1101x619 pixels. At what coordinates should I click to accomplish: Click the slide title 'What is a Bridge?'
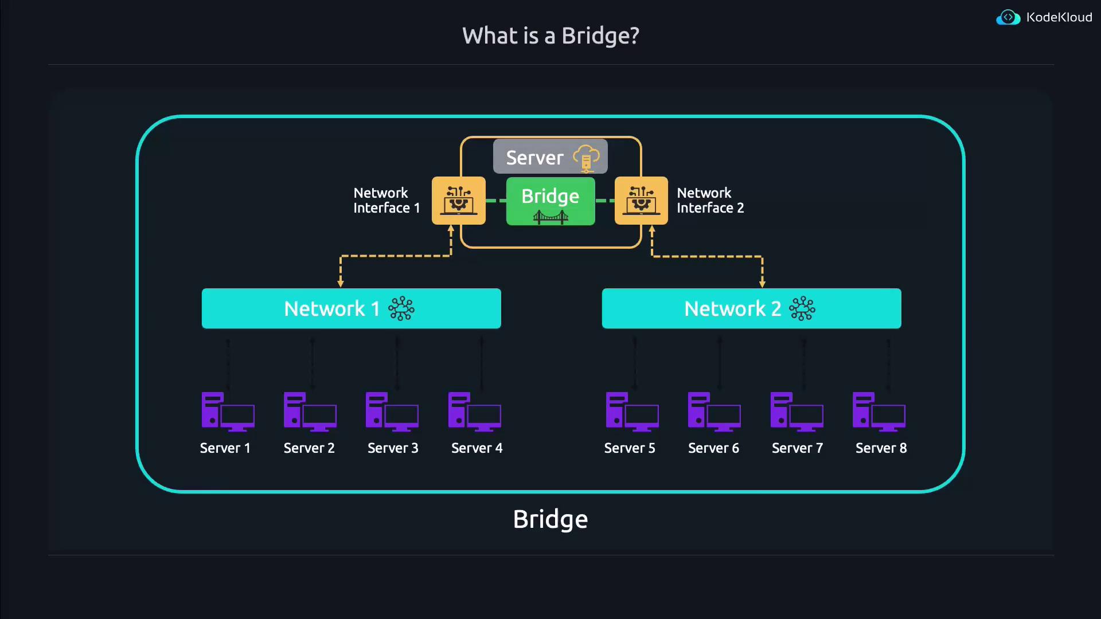550,36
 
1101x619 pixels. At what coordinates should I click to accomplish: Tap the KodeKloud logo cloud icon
1008,18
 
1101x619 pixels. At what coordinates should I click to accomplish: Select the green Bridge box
550,201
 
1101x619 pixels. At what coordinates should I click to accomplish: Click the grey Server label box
550,156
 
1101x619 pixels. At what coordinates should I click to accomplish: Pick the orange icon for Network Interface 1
458,201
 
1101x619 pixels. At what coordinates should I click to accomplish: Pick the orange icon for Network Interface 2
641,201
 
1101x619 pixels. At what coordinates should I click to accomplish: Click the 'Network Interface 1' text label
386,201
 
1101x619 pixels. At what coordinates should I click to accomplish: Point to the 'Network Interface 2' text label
710,201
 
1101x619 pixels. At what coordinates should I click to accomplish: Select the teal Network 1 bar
351,308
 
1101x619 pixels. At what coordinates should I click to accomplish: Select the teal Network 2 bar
751,308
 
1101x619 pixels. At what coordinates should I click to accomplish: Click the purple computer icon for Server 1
228,412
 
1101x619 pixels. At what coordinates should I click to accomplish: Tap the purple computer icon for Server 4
474,412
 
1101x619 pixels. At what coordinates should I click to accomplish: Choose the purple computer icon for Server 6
714,412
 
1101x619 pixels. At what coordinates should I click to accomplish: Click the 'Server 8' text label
881,448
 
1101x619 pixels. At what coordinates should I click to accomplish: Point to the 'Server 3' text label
393,448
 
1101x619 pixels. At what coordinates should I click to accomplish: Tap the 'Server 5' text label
630,448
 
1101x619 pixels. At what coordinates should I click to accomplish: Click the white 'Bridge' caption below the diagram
550,519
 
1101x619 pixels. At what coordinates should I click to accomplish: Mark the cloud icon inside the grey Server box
586,158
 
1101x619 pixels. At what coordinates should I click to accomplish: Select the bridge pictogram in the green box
550,217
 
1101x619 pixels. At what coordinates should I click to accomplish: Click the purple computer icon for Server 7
797,412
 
